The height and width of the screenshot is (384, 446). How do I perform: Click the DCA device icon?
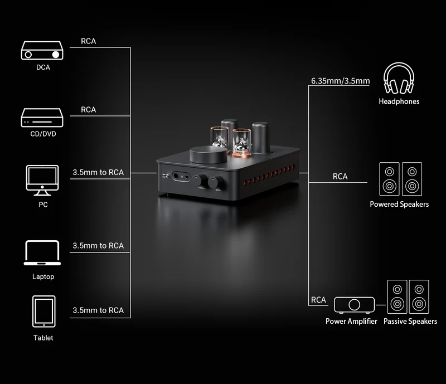point(42,50)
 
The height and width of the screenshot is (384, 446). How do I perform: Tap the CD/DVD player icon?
point(42,118)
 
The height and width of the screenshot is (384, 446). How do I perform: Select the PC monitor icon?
point(42,181)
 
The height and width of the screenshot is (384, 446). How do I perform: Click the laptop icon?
point(42,253)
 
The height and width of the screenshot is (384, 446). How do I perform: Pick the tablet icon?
point(44,312)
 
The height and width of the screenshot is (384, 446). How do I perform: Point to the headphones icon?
point(399,78)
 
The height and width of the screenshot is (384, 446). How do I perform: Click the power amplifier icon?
point(354,305)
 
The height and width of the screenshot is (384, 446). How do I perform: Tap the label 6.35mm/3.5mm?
point(341,81)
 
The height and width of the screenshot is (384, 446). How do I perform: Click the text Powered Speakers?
point(399,204)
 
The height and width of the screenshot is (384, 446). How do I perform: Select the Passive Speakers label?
point(410,321)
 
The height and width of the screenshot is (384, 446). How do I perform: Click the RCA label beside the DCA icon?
point(89,41)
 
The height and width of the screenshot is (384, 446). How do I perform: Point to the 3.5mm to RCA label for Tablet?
point(98,310)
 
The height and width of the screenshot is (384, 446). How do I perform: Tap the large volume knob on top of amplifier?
point(208,154)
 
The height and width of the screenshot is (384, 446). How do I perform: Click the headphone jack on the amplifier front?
point(176,176)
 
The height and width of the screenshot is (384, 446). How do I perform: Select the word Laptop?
point(43,277)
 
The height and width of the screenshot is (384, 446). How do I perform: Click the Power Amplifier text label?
point(351,321)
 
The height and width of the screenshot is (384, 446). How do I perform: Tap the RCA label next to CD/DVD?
point(89,110)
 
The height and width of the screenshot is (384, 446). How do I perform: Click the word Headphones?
point(399,101)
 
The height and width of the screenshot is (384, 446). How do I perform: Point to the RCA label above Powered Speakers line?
point(340,177)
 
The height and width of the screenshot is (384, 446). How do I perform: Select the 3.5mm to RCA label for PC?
point(98,172)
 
